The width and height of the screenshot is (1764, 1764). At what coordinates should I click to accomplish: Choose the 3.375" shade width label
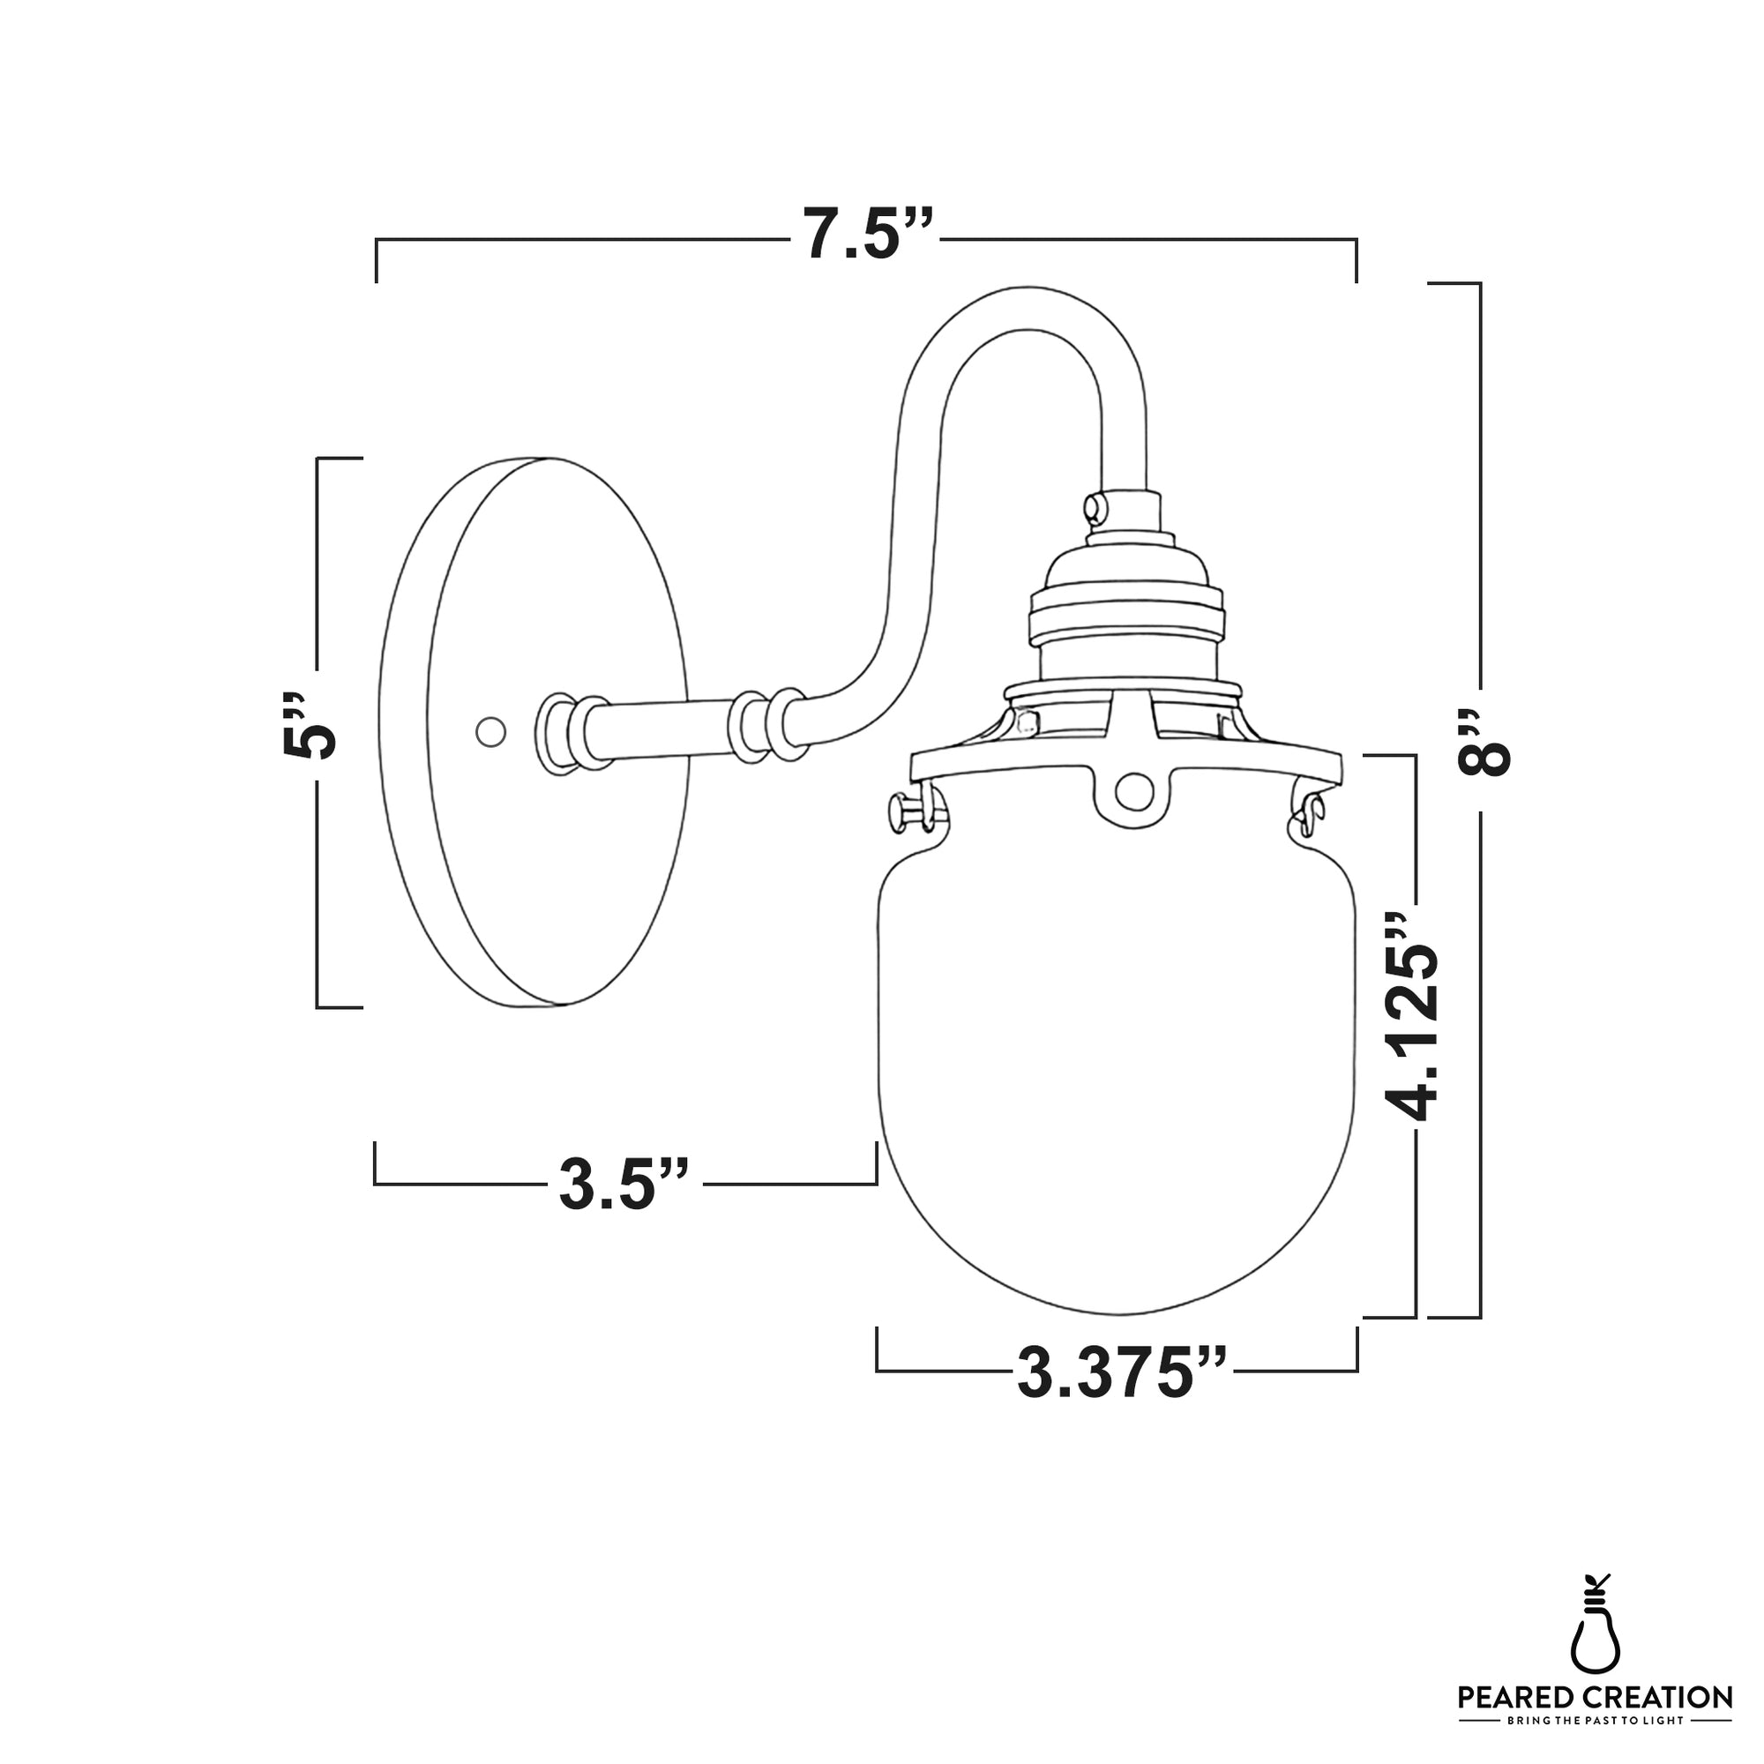click(1122, 1372)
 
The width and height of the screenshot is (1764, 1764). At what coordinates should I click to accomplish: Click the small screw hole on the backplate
click(491, 731)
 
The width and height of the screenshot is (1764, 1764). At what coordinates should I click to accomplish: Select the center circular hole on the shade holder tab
click(1134, 790)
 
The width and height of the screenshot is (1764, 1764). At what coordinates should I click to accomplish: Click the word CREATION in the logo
click(1656, 1698)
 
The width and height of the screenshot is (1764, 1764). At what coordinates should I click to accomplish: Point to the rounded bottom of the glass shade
click(1117, 1297)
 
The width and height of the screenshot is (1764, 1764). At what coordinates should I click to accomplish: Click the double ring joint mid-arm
click(768, 727)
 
